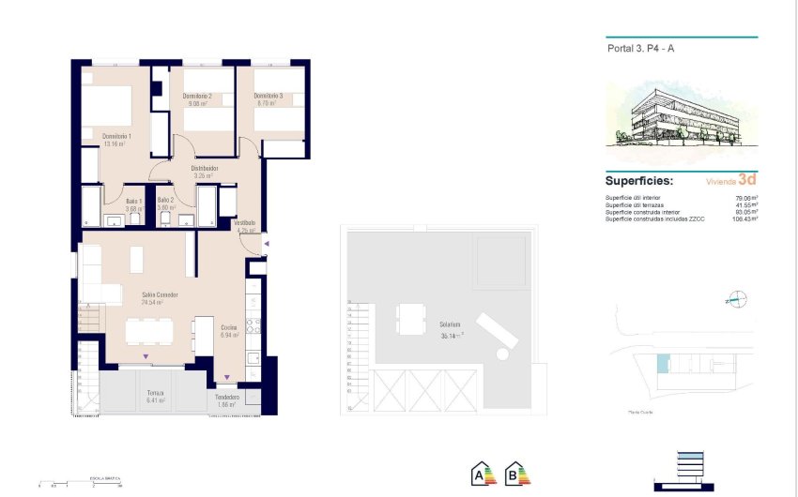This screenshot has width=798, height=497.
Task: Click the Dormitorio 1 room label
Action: point(116,136)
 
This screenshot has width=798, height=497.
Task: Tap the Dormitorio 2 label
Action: point(197,97)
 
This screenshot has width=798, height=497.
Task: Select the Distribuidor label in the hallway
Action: point(205,169)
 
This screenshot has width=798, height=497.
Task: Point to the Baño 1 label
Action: point(134,201)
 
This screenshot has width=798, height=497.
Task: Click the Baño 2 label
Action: point(166,201)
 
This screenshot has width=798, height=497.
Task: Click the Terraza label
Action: point(156,394)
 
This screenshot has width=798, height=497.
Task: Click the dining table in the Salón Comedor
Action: point(150,331)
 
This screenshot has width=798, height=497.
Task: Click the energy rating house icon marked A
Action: point(483,474)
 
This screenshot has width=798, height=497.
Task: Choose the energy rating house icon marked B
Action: point(517,474)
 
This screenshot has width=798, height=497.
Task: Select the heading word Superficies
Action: point(639,180)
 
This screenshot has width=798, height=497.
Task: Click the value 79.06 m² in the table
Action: point(746,198)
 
